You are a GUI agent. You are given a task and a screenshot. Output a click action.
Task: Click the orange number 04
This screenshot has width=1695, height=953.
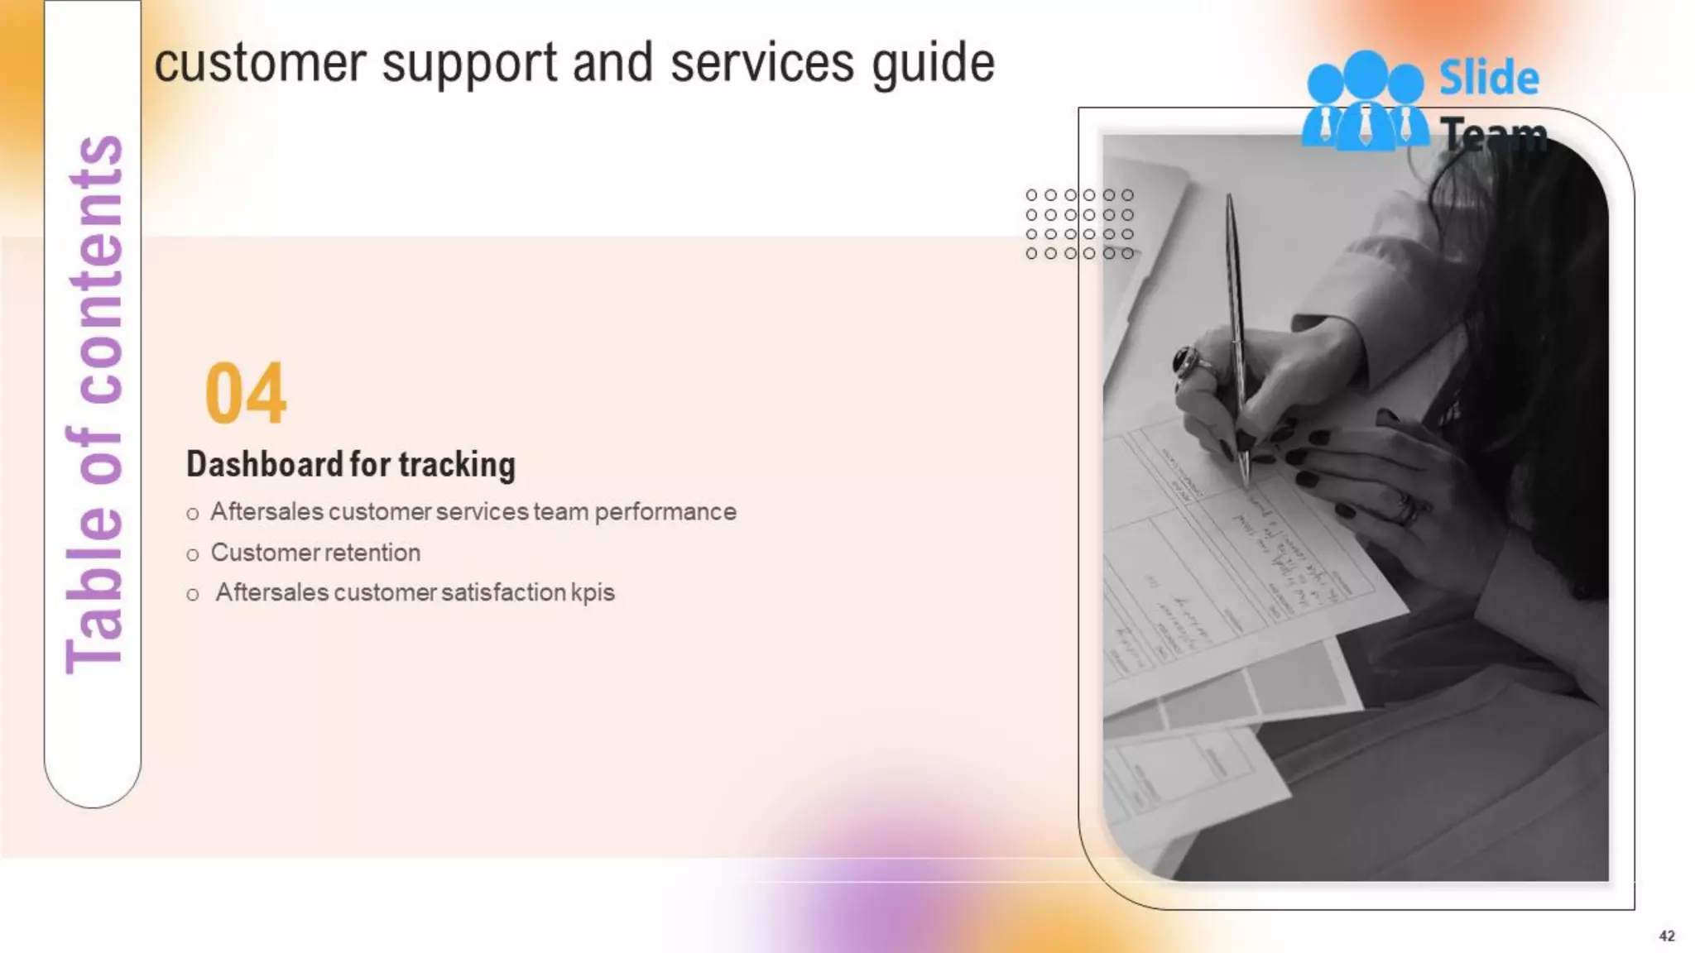coord(246,394)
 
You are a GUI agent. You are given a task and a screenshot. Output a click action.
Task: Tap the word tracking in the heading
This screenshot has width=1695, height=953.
coord(457,466)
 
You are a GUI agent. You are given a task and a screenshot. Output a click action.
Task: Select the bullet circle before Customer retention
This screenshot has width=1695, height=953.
coord(193,555)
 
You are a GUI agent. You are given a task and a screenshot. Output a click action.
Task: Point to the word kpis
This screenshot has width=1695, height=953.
coord(593,593)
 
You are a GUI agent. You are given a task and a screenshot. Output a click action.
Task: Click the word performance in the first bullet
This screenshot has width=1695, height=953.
coord(665,512)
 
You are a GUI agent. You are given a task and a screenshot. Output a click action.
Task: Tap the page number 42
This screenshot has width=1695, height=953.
coord(1667,936)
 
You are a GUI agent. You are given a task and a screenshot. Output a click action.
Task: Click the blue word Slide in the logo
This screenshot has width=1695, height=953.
coord(1489,79)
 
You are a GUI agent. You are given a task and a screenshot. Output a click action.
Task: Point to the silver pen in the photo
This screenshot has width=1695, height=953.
coord(1237,331)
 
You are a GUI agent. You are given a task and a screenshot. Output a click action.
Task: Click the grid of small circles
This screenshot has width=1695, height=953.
coord(1079,224)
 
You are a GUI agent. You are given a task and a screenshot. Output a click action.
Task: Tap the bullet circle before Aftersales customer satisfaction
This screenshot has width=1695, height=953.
coord(193,595)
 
